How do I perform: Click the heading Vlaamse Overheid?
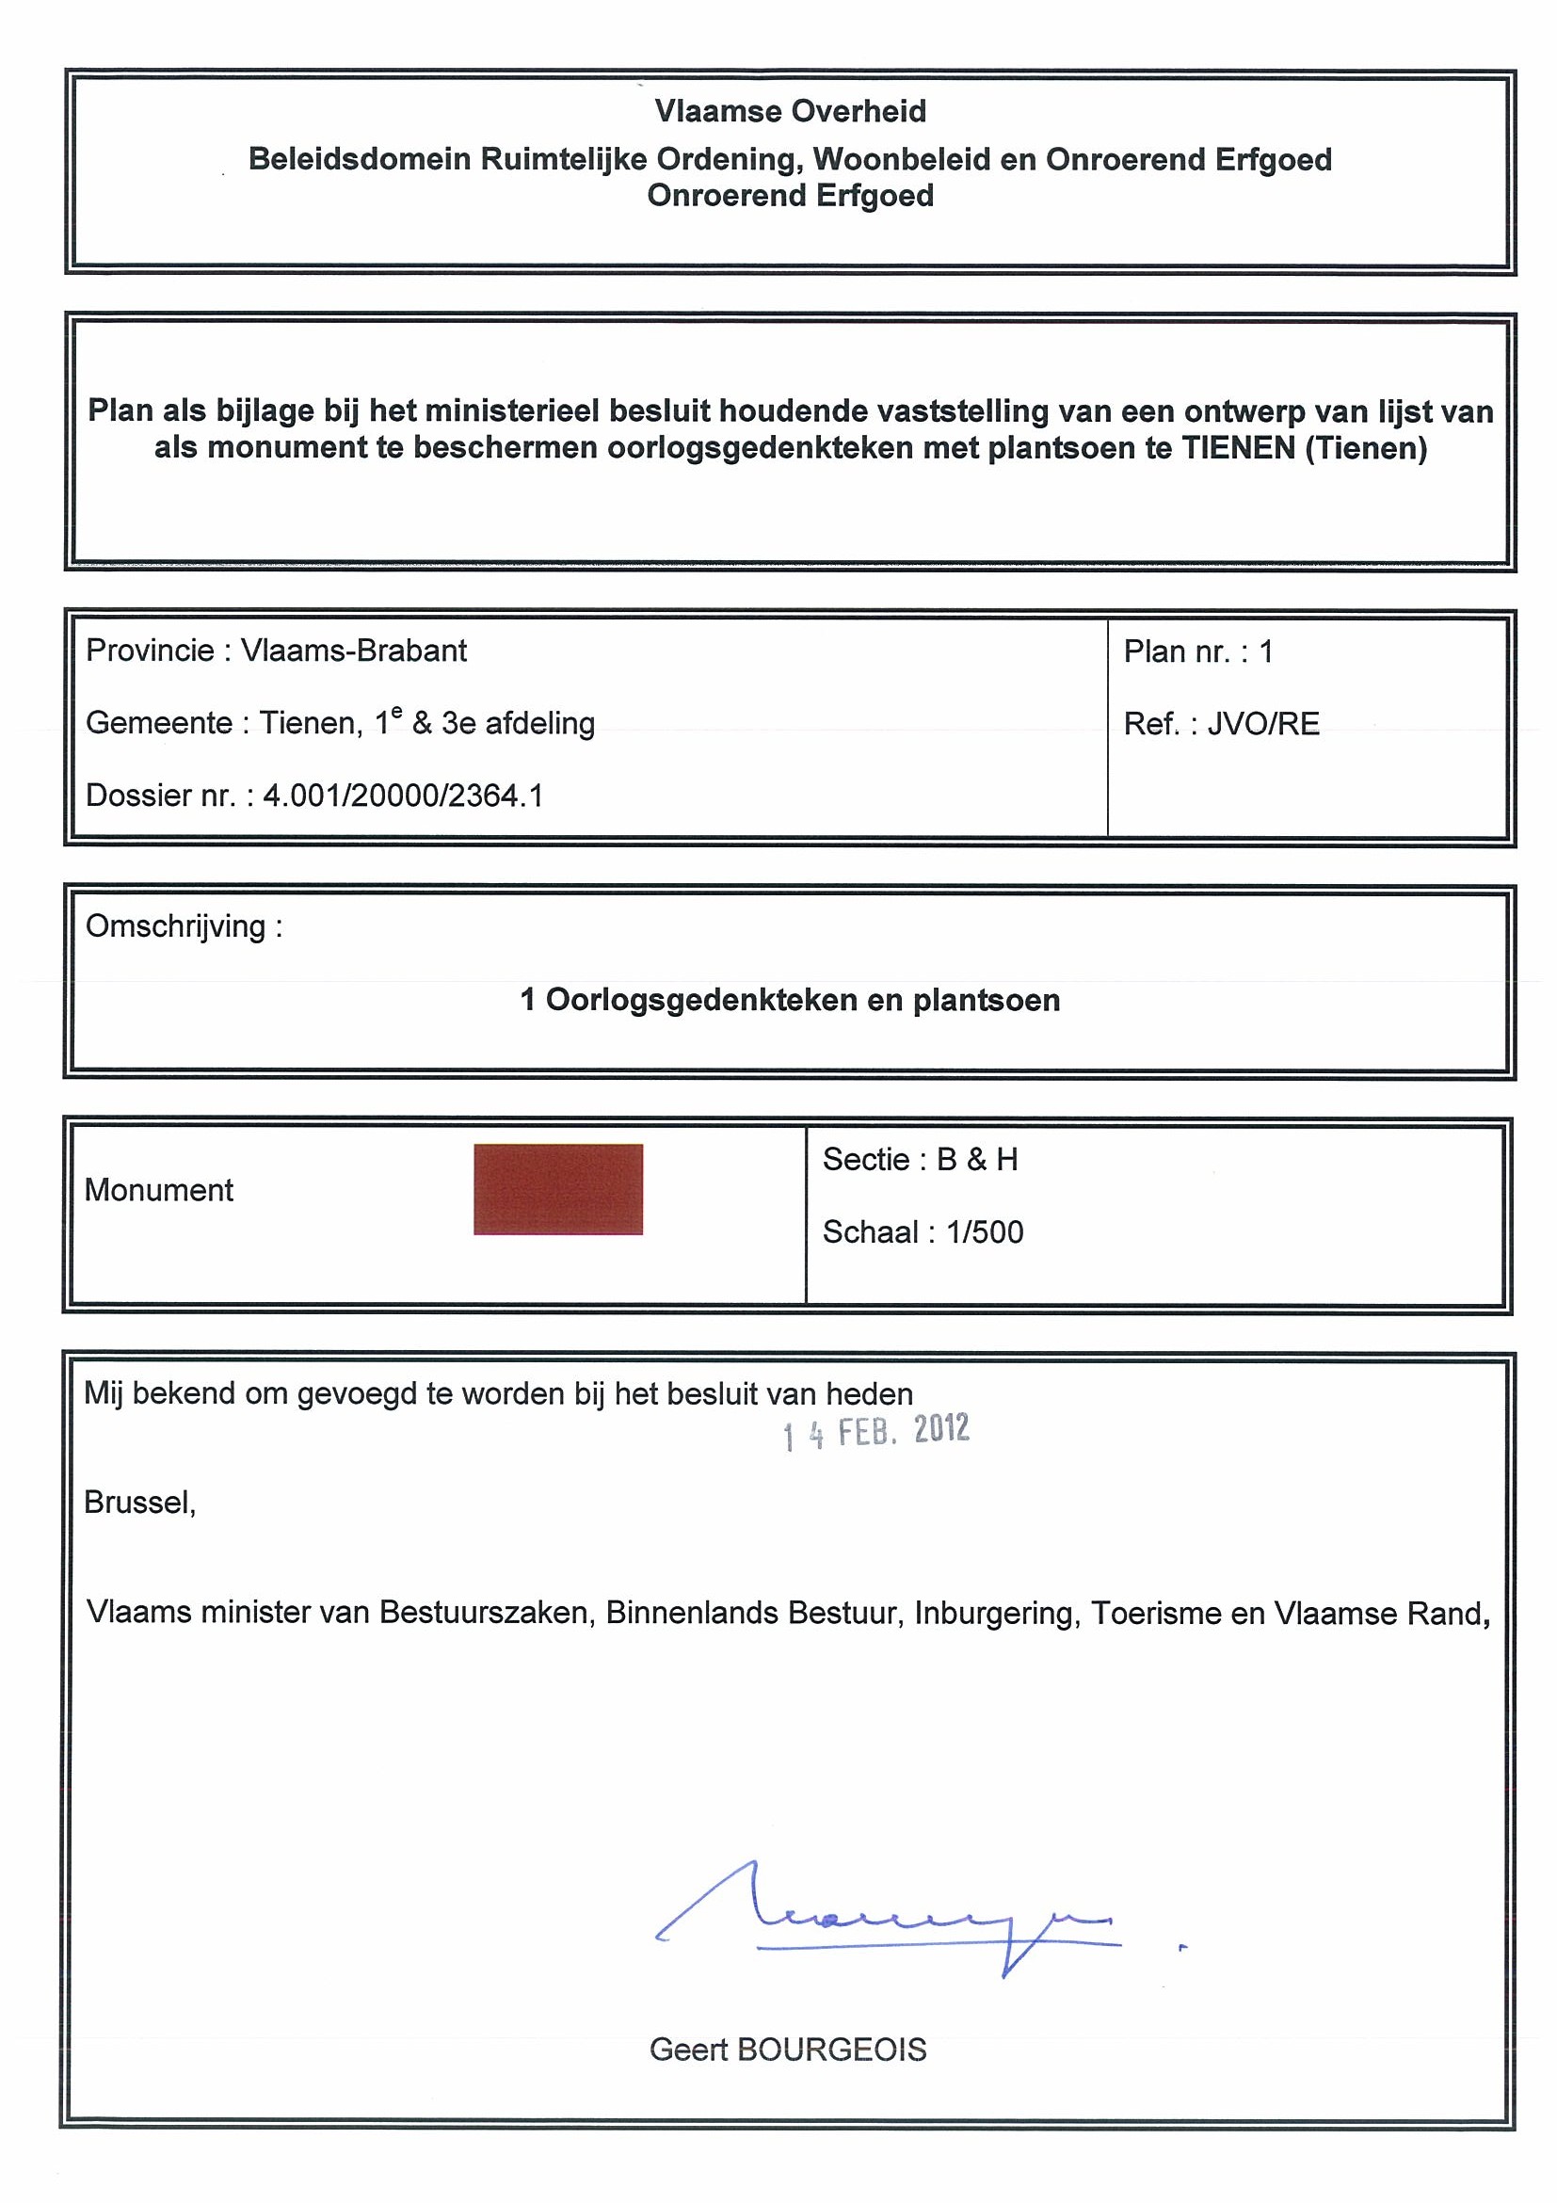pyautogui.click(x=790, y=111)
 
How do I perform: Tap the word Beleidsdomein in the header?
pyautogui.click(x=359, y=159)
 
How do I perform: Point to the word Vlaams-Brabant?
pyautogui.click(x=353, y=651)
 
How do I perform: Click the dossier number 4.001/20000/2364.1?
pyautogui.click(x=403, y=796)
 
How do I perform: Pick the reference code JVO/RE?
pyautogui.click(x=1262, y=723)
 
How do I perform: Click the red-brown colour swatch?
pyautogui.click(x=557, y=1189)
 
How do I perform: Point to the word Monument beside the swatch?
pyautogui.click(x=158, y=1190)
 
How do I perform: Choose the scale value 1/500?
pyautogui.click(x=985, y=1232)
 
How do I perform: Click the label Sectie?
pyautogui.click(x=865, y=1159)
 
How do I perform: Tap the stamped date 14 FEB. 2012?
pyautogui.click(x=875, y=1433)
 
